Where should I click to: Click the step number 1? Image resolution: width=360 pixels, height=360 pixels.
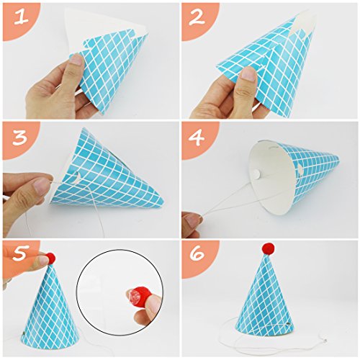(x=21, y=17)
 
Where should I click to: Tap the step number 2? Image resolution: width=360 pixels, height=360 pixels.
(x=197, y=17)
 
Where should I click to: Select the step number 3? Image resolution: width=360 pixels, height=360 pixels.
(x=19, y=138)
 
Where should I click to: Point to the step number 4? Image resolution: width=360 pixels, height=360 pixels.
(x=197, y=138)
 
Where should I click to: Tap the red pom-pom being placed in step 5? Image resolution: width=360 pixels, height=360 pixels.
(x=50, y=258)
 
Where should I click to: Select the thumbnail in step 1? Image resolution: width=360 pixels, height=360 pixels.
(x=77, y=60)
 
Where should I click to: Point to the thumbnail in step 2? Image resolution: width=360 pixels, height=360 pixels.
(x=248, y=73)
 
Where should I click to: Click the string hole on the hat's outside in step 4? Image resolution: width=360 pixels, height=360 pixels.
(x=301, y=169)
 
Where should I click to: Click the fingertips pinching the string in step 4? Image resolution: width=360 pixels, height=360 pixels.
(x=193, y=220)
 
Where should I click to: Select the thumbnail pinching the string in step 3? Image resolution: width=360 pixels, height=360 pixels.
(x=41, y=185)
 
